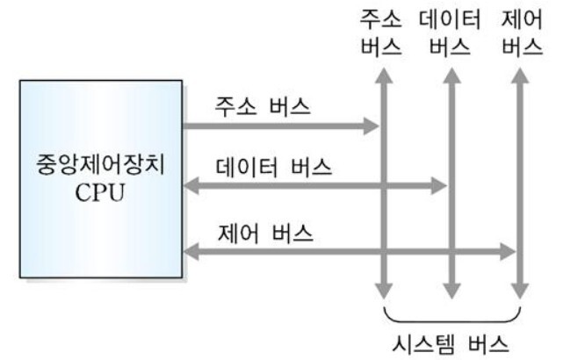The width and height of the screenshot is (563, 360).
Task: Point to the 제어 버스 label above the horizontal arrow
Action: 262,234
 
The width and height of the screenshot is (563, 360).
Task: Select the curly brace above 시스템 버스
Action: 453,313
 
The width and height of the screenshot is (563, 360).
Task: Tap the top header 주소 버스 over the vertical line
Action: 382,31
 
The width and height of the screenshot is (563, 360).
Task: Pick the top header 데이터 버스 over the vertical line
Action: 450,31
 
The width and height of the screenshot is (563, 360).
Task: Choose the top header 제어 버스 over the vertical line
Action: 521,31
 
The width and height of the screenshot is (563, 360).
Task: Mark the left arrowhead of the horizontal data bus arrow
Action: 190,185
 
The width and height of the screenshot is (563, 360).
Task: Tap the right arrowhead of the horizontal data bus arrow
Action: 441,185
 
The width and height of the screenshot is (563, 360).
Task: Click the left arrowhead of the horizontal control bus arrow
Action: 190,253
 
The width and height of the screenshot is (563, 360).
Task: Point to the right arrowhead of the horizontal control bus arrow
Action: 510,253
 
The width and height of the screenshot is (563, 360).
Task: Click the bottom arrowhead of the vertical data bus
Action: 451,290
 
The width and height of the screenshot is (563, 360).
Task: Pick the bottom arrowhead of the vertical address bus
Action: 382,290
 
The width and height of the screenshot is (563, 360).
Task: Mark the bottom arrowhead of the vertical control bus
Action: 520,290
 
